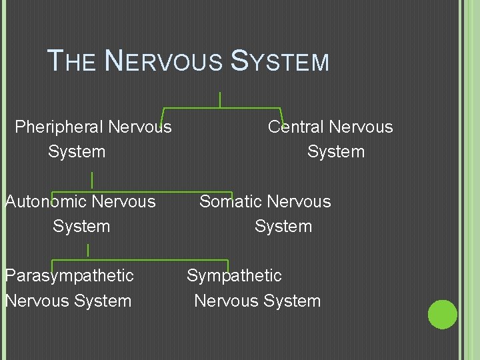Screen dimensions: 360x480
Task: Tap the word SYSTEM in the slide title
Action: [279, 61]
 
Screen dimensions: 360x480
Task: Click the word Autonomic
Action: [45, 201]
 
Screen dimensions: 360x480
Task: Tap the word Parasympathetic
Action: [69, 275]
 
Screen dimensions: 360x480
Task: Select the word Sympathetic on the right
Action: [234, 275]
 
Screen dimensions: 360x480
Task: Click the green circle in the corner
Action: [442, 314]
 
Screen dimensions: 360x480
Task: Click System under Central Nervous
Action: [336, 152]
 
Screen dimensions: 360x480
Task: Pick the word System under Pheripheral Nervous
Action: [77, 152]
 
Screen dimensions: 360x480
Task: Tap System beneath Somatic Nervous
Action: [283, 227]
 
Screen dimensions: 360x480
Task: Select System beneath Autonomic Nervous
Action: [81, 227]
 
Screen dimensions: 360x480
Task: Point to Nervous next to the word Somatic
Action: [298, 201]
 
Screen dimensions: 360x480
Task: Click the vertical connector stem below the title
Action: [220, 99]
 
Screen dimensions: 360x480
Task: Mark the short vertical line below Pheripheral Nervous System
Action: [91, 179]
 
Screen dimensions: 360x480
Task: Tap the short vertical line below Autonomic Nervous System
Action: [87, 251]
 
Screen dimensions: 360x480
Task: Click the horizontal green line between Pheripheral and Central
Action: [221, 107]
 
